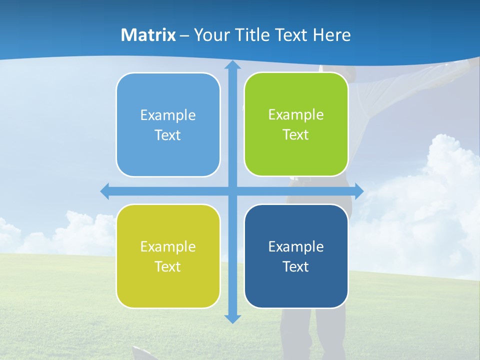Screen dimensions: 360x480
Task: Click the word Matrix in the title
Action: point(148,35)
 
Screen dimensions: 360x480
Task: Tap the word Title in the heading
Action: point(254,35)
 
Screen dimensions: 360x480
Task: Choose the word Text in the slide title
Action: point(292,35)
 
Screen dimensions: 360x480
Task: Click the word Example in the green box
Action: point(296,115)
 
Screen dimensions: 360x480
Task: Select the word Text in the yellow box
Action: point(167,266)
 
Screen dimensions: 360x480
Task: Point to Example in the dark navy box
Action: point(296,246)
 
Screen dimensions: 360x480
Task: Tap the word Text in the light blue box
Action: point(167,135)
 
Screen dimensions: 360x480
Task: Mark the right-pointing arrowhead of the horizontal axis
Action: point(359,191)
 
